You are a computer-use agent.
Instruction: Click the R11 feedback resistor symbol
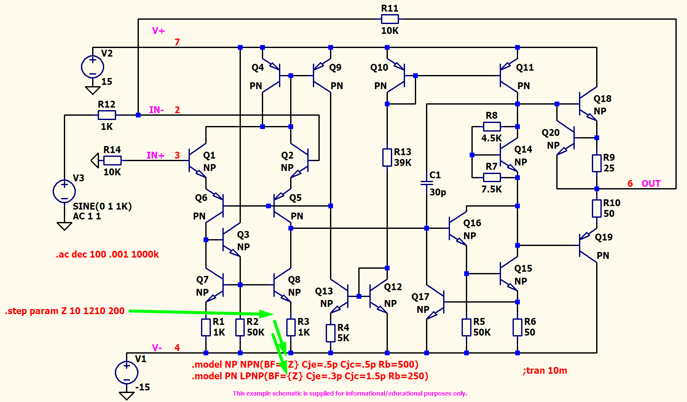click(390, 19)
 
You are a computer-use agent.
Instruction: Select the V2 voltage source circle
click(93, 66)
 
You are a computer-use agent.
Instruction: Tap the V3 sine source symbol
click(64, 191)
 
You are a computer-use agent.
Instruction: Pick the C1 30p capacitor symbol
click(426, 183)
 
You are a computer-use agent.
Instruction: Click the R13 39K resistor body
click(387, 158)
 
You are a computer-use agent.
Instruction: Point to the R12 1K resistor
click(107, 115)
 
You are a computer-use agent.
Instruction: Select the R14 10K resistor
click(112, 160)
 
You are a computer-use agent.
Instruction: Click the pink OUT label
click(651, 183)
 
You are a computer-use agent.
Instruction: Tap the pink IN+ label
click(156, 156)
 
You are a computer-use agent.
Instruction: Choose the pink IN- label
click(156, 110)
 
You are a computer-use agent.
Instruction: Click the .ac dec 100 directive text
click(107, 254)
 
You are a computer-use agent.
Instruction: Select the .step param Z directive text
click(65, 311)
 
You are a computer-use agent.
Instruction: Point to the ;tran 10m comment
click(545, 370)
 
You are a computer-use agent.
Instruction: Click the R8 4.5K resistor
click(492, 126)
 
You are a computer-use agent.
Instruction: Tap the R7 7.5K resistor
click(492, 177)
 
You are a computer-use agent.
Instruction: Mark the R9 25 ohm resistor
click(597, 163)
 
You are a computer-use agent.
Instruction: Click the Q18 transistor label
click(602, 99)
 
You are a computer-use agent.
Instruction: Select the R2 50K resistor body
click(240, 327)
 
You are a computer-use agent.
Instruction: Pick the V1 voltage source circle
click(127, 372)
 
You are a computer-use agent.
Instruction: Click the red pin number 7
click(177, 42)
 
